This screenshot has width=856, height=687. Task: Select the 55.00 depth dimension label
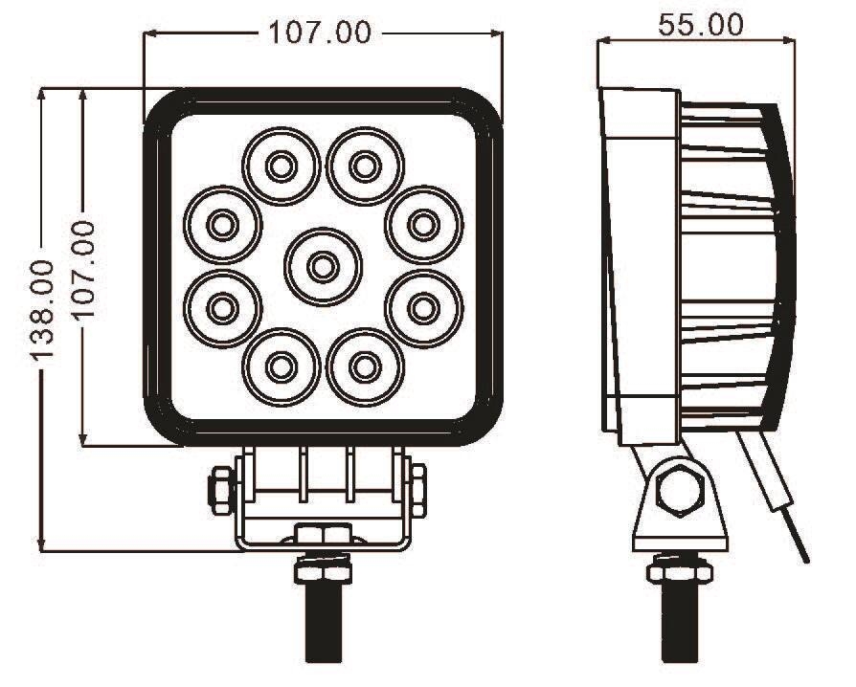pyautogui.click(x=700, y=25)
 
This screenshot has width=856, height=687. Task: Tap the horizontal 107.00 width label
pyautogui.click(x=319, y=33)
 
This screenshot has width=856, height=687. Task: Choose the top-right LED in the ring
pyautogui.click(x=362, y=166)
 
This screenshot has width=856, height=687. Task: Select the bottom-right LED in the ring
pyautogui.click(x=362, y=365)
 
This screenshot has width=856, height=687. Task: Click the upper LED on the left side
pyautogui.click(x=222, y=225)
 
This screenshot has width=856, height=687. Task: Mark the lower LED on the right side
pyautogui.click(x=422, y=307)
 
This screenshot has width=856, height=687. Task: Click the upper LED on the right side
pyautogui.click(x=421, y=225)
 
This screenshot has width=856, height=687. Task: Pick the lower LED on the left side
pyautogui.click(x=222, y=307)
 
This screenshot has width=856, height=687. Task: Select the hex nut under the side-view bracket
pyautogui.click(x=681, y=571)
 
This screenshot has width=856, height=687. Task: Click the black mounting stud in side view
pyautogui.click(x=681, y=622)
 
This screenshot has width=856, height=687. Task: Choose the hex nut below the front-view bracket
pyautogui.click(x=324, y=570)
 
